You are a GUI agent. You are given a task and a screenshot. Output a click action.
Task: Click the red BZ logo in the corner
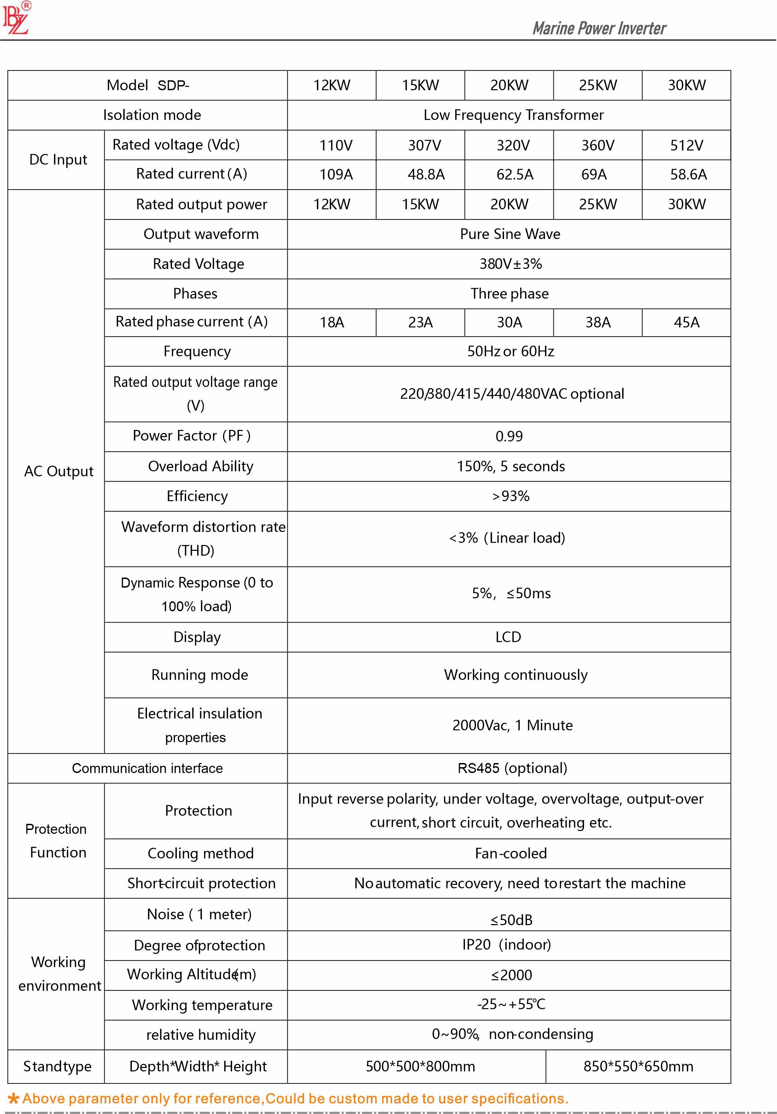(16, 19)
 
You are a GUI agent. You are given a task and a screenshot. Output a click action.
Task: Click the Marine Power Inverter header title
(599, 29)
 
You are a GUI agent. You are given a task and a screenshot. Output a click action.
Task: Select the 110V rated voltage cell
(336, 145)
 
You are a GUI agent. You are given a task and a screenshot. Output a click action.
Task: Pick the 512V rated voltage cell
(686, 145)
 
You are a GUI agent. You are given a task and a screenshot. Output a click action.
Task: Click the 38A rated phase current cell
(597, 322)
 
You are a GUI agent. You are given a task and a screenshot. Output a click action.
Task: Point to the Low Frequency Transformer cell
(513, 115)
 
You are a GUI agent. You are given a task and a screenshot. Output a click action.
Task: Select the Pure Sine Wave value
(510, 234)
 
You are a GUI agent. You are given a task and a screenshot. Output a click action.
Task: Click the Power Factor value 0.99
(509, 436)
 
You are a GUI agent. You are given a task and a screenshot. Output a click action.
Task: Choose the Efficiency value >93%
(510, 496)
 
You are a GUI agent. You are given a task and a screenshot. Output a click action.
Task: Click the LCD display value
(508, 637)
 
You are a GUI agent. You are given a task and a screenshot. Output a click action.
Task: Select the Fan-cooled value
(511, 853)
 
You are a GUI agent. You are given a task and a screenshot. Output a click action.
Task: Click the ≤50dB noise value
(511, 920)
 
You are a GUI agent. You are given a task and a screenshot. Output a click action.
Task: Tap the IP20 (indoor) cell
(506, 944)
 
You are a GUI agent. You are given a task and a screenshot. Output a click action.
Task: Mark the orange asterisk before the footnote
(14, 1099)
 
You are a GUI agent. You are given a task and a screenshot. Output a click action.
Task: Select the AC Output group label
(59, 471)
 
